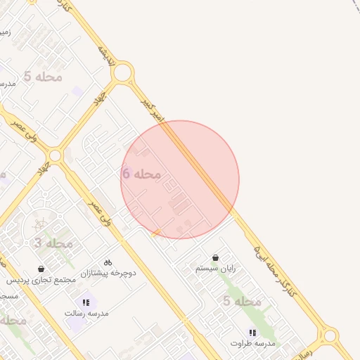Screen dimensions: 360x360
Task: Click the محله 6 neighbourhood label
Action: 141,173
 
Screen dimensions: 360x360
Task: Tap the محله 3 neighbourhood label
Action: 53,243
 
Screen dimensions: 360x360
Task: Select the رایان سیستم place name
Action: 216,269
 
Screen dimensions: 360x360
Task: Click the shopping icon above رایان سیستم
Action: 215,258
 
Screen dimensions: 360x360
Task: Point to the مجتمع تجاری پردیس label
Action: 41,280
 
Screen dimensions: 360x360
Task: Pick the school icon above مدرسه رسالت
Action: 86,302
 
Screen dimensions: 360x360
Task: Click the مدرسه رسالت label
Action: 86,313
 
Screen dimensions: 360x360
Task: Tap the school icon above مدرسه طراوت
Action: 252,333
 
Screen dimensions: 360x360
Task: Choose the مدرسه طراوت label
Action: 252,343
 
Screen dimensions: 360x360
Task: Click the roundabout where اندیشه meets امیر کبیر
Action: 122,72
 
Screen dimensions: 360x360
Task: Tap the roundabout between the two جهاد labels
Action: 55,155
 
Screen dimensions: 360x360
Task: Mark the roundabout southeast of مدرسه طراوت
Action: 328,335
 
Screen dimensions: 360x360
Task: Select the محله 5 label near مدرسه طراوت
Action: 242,301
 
